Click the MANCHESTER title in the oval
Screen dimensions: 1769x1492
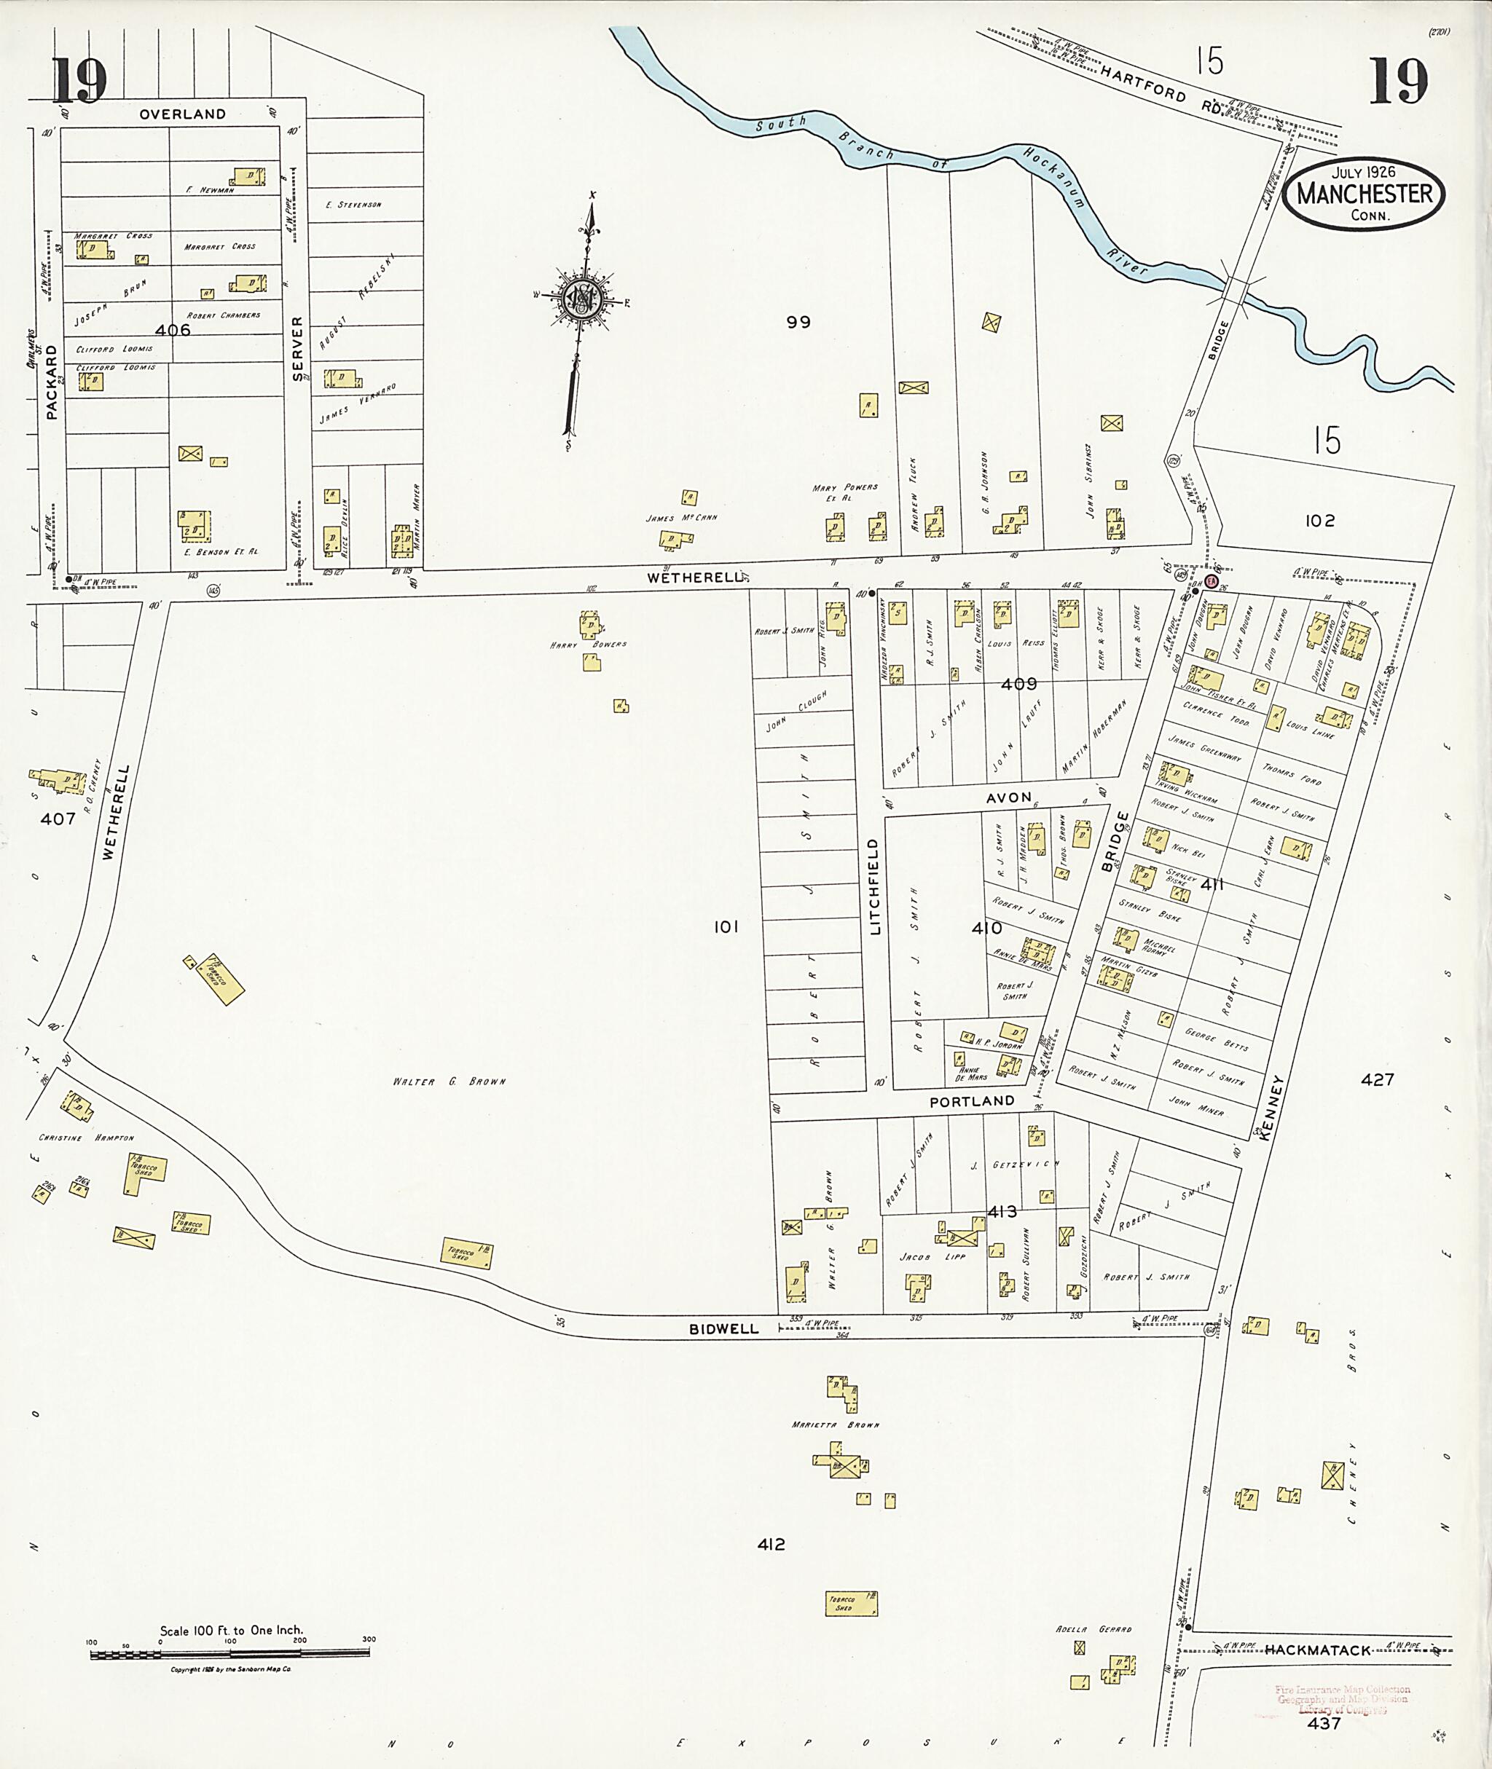(1365, 194)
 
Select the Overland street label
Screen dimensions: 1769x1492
(183, 114)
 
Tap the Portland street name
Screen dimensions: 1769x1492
(971, 1102)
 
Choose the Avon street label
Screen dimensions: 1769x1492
(1009, 797)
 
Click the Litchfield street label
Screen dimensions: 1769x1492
(876, 886)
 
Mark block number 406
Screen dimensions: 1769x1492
(173, 330)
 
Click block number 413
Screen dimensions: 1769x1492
(1002, 1212)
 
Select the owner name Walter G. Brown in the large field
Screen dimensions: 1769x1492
(449, 1082)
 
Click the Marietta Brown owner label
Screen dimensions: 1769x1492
(835, 1425)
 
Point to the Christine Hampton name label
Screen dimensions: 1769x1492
(86, 1138)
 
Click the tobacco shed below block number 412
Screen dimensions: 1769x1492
(851, 1602)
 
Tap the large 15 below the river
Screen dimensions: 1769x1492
(1327, 441)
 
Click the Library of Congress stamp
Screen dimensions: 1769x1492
(1341, 1700)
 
